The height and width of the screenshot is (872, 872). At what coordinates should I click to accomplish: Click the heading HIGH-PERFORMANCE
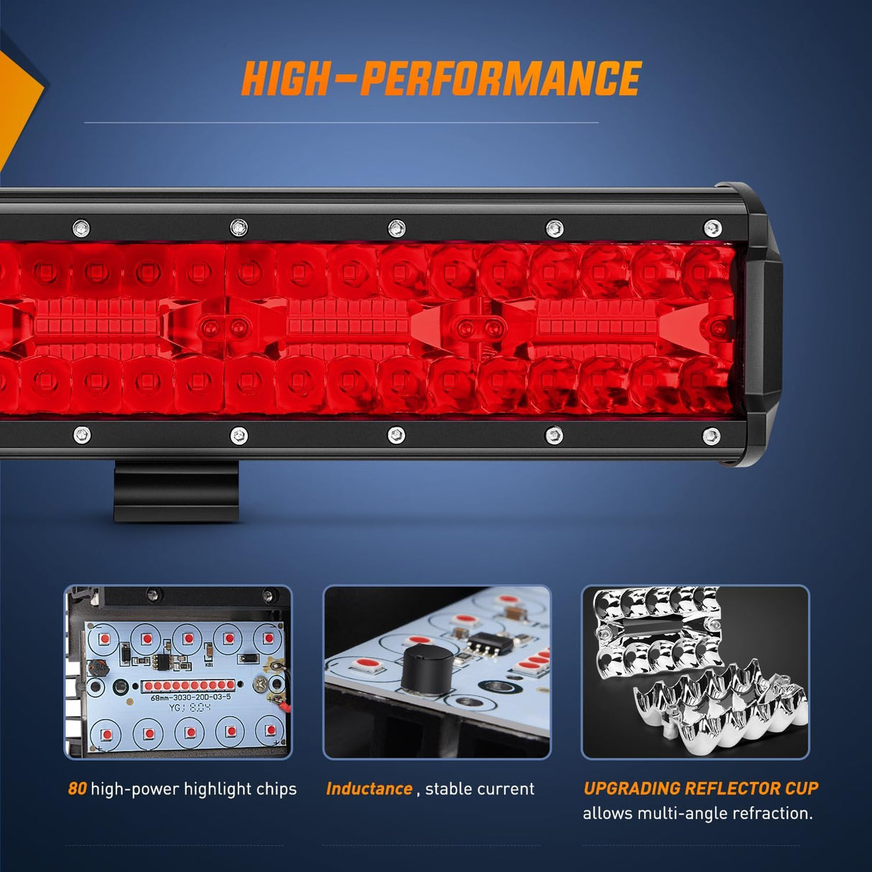(440, 78)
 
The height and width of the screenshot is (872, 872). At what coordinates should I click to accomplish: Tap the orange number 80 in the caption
(77, 789)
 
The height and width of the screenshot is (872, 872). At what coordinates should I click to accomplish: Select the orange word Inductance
(369, 789)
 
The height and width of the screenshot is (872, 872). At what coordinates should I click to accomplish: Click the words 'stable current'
(480, 789)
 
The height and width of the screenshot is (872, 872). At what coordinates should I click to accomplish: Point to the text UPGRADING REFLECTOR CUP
(700, 788)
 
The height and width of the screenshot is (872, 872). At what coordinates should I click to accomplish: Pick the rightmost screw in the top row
(712, 228)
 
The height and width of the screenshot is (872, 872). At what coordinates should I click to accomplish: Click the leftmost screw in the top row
(81, 228)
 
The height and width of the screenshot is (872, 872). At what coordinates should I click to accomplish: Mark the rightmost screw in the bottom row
(711, 435)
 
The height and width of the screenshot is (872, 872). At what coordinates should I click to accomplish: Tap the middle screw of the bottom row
(396, 435)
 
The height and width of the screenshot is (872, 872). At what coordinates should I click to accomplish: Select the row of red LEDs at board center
(189, 685)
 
